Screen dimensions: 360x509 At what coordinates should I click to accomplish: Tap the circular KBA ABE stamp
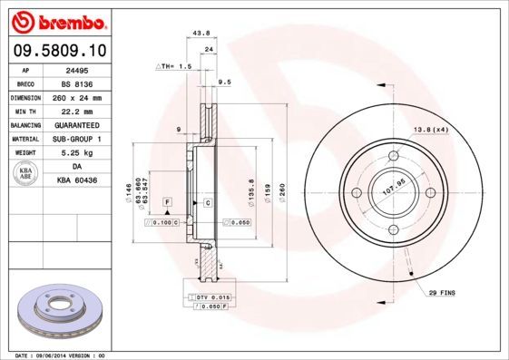(25, 174)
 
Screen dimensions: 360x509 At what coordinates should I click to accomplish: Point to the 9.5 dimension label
(225, 82)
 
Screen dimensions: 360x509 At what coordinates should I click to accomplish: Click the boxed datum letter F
(167, 199)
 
